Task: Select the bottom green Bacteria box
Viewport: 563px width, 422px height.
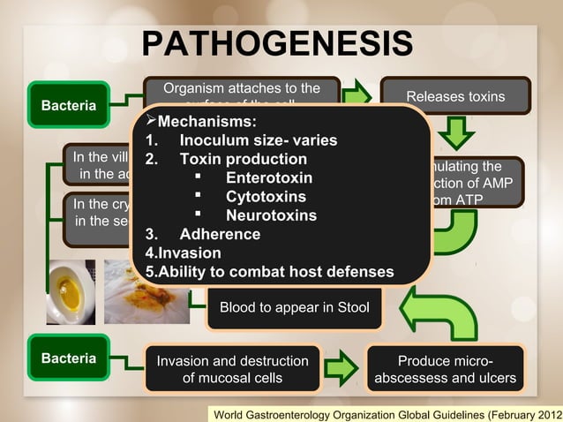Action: pos(68,359)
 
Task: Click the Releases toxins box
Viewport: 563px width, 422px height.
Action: pos(454,96)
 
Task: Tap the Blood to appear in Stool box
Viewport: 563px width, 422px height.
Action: pos(294,308)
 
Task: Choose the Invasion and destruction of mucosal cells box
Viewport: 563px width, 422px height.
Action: pos(232,369)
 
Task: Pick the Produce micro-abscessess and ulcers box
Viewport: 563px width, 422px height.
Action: pos(446,369)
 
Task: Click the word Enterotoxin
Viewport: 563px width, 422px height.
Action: pos(268,178)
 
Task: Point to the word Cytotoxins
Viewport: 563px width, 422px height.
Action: pos(266,197)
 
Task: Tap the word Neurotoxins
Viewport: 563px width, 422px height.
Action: pos(271,215)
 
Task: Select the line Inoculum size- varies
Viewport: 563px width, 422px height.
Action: pos(257,140)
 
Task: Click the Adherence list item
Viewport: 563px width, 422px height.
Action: pos(219,234)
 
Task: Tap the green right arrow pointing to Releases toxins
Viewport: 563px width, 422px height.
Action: pos(357,96)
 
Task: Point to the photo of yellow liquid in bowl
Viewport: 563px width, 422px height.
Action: pos(70,292)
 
